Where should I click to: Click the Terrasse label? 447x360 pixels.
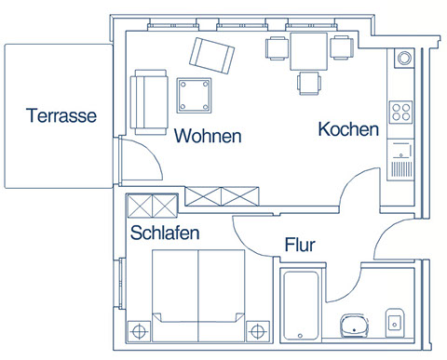tap(61, 115)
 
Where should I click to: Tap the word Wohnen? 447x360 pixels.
tap(208, 136)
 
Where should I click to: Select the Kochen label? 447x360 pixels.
tap(348, 129)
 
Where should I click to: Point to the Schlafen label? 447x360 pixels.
tap(165, 233)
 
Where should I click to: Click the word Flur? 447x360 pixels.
tap(300, 245)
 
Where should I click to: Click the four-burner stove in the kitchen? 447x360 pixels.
tap(400, 113)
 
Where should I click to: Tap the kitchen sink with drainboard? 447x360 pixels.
tap(400, 160)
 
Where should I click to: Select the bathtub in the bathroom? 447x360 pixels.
tap(301, 305)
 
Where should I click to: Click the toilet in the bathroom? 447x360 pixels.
tap(395, 323)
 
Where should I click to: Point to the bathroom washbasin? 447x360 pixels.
tap(355, 326)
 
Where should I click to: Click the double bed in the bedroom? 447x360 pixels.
tap(198, 296)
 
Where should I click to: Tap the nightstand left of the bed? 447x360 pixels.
tap(139, 331)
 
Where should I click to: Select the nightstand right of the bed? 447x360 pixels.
tap(258, 331)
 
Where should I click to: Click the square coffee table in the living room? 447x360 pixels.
tap(195, 96)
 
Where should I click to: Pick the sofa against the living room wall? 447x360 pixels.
tap(149, 102)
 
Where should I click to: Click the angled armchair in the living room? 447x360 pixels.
tap(211, 56)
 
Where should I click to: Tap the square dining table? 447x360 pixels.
tap(308, 51)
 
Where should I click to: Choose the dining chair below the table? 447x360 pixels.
tap(309, 84)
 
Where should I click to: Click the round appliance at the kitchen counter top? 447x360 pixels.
tap(404, 58)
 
